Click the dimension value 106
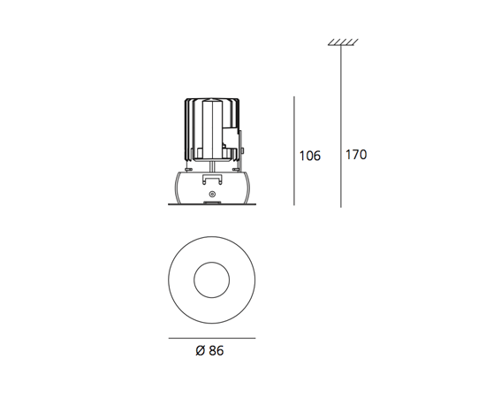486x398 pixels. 309,156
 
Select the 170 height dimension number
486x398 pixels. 356,155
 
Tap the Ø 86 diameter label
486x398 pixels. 209,350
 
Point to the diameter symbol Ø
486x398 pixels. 201,350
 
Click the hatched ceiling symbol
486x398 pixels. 343,42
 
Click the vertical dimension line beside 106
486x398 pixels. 294,150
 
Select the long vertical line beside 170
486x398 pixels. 341,126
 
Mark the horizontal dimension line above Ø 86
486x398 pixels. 212,338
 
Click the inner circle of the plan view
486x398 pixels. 212,262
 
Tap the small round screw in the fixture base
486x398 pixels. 212,195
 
